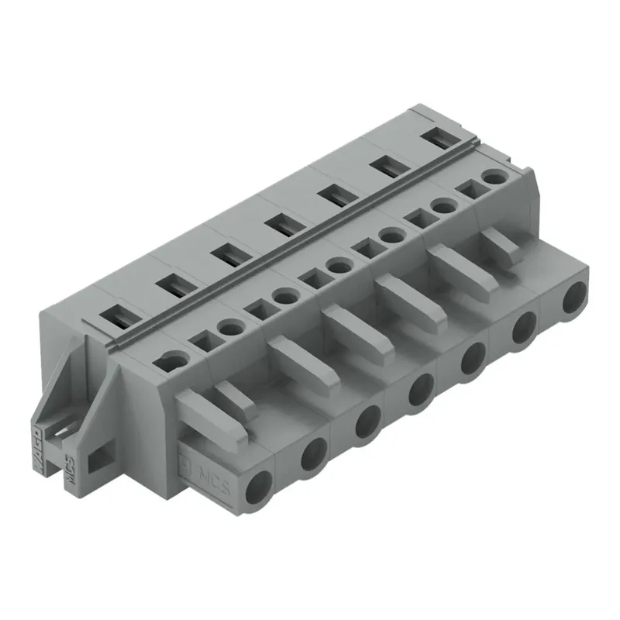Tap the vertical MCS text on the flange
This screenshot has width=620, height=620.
(x=68, y=472)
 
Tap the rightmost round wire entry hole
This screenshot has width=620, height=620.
(x=574, y=298)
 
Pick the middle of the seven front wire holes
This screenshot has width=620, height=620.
(x=419, y=389)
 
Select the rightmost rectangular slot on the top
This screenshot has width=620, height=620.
(x=439, y=137)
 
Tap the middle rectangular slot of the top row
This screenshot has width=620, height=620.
(x=280, y=226)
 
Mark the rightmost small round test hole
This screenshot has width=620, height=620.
(x=491, y=178)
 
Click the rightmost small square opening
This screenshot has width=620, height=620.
(x=467, y=188)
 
